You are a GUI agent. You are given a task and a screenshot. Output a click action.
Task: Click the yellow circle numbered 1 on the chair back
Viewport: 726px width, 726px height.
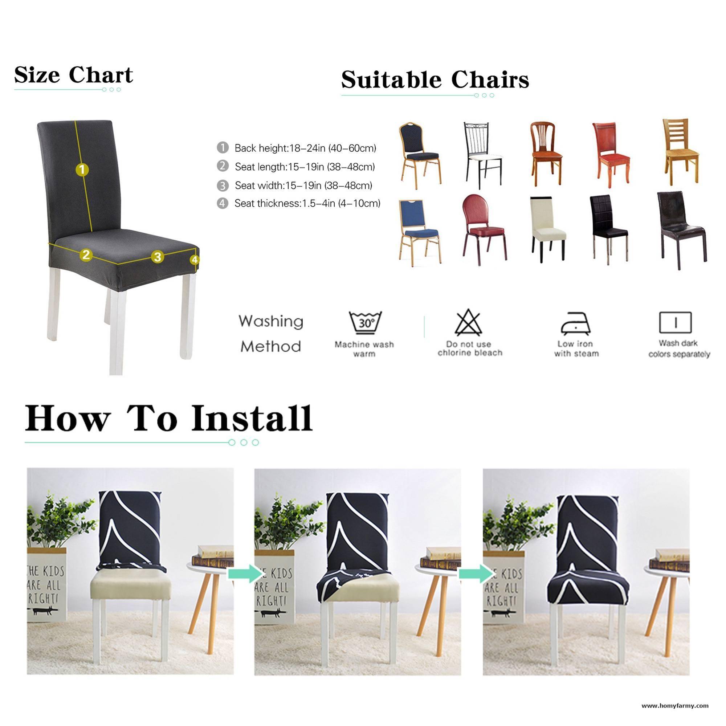pos(82,170)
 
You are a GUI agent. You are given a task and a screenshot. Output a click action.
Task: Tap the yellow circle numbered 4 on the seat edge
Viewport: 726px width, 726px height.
pos(194,260)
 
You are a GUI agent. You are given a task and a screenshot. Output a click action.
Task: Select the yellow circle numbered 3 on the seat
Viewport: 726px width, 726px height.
pos(158,257)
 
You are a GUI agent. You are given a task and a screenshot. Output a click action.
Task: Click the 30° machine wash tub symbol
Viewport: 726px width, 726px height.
pos(365,323)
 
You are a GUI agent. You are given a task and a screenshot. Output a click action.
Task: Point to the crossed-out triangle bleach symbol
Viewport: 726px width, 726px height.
pos(468,323)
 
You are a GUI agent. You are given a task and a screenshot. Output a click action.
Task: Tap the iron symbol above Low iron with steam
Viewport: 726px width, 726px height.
pos(575,323)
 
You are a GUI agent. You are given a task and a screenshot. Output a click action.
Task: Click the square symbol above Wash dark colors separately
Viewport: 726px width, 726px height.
pos(675,323)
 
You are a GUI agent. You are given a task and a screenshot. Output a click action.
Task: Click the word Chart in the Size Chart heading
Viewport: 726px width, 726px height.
pos(101,75)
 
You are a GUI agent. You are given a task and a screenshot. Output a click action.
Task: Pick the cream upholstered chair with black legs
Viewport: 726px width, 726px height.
pos(548,229)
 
